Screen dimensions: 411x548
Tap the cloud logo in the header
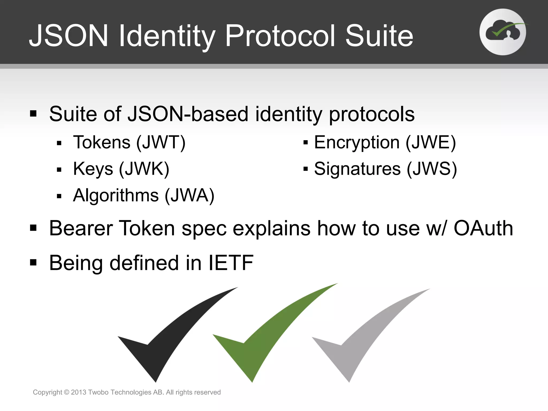503,32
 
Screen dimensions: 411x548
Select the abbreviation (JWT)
161,142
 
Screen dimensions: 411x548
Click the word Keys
93,169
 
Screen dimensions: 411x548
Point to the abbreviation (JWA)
189,196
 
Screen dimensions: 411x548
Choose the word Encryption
357,143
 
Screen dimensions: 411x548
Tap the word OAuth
483,229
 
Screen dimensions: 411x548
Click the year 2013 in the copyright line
78,392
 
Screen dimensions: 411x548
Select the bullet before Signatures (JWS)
306,169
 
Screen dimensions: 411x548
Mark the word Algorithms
116,196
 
